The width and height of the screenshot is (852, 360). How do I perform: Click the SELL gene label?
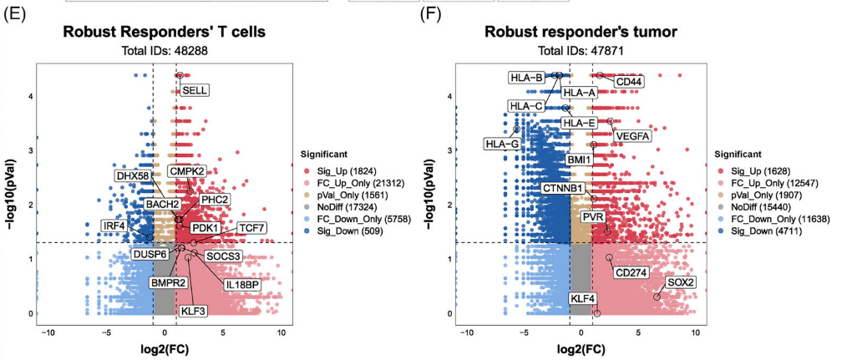pyautogui.click(x=195, y=90)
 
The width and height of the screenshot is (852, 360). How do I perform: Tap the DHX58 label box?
pyautogui.click(x=133, y=176)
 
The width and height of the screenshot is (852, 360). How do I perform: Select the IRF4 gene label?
pyautogui.click(x=114, y=226)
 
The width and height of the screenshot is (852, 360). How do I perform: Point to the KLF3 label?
pyautogui.click(x=193, y=311)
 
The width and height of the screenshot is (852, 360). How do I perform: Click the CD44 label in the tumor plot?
pyautogui.click(x=629, y=82)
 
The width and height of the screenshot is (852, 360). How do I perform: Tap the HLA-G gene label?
pyautogui.click(x=501, y=144)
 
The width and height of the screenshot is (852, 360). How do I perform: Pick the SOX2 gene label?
pyautogui.click(x=681, y=282)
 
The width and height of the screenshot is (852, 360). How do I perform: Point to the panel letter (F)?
pyautogui.click(x=431, y=15)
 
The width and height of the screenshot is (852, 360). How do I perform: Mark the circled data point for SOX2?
pyautogui.click(x=657, y=297)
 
